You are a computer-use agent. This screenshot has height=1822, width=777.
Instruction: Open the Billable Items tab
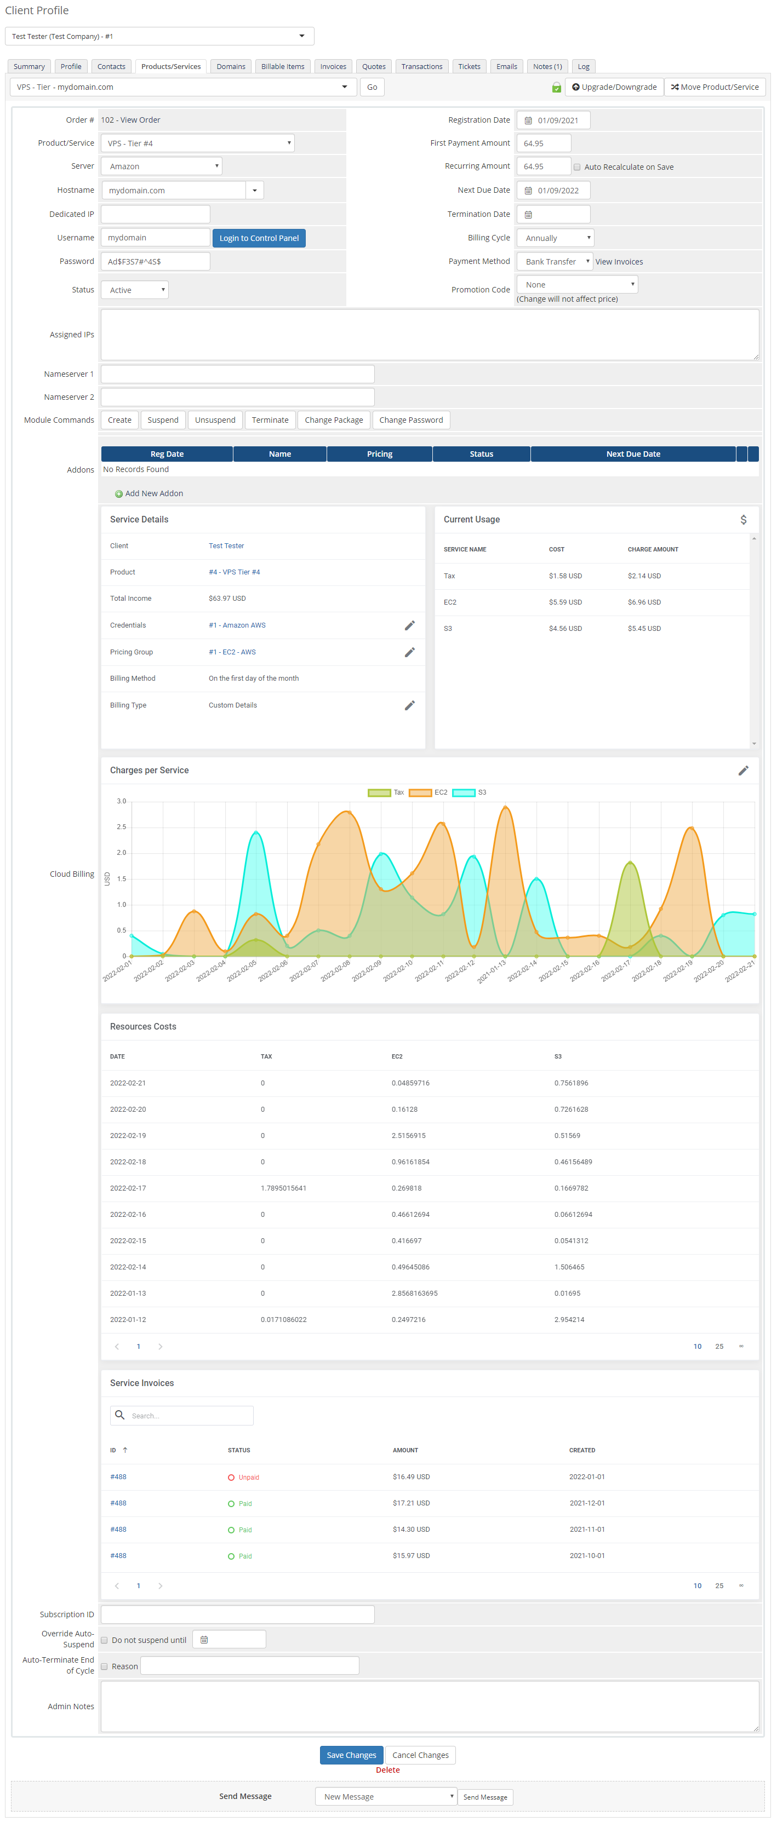click(282, 66)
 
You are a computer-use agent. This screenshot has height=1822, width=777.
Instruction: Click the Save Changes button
click(351, 1755)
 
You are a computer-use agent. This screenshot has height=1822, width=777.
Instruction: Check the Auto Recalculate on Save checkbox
click(577, 168)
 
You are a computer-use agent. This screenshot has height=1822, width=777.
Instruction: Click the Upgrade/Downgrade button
click(614, 87)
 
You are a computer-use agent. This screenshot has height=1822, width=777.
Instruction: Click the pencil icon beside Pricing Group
click(409, 652)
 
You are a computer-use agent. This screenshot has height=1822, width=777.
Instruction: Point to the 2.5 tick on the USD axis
click(122, 827)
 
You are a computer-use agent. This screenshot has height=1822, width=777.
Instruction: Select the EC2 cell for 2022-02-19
click(408, 1135)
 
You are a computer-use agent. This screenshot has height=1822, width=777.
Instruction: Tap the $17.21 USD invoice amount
click(411, 1503)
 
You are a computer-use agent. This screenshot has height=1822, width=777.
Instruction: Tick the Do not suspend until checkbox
click(104, 1640)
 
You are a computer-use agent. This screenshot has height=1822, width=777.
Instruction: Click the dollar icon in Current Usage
click(743, 520)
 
